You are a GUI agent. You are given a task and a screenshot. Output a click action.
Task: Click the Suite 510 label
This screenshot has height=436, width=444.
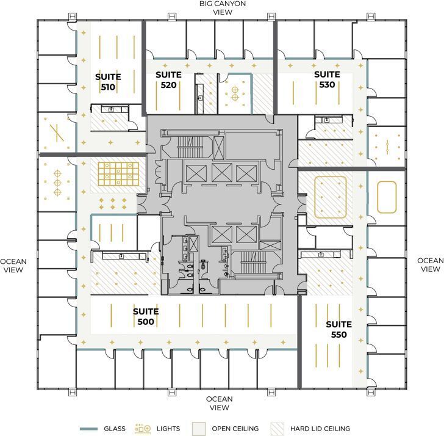[x=108, y=82]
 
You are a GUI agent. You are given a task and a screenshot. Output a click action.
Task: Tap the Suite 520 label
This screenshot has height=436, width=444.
[x=168, y=80]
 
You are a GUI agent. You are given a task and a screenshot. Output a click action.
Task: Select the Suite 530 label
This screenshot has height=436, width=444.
[x=327, y=79]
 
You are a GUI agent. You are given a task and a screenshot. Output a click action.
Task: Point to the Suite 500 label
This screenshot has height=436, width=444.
[x=146, y=316]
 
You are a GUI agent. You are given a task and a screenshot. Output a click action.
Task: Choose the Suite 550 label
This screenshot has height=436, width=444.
[x=336, y=329]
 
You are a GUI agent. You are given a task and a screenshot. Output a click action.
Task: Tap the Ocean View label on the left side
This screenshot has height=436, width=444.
[x=13, y=265]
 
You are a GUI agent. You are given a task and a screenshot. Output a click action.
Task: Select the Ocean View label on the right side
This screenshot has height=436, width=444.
[x=430, y=265]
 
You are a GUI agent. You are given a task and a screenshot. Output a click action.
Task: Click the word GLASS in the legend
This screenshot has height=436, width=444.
[x=115, y=429]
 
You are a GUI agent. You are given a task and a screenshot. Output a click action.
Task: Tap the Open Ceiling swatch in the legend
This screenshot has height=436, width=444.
[x=199, y=428]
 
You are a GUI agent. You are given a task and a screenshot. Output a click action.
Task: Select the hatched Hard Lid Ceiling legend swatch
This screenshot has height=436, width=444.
[x=279, y=428]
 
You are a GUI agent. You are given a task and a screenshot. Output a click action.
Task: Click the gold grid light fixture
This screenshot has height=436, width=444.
[x=120, y=173]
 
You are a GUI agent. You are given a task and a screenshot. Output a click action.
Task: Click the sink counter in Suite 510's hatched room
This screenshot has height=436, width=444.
[x=110, y=109]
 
